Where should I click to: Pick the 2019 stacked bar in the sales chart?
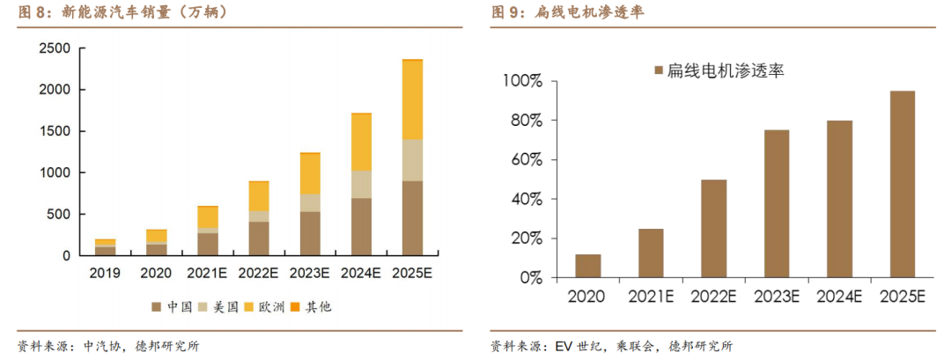point(105,247)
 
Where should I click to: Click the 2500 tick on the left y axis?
point(57,48)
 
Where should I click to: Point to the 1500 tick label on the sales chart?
point(57,131)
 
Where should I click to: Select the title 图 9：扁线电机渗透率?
point(572,11)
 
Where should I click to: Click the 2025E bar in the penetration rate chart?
point(903,184)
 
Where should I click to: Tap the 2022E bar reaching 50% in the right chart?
point(713,229)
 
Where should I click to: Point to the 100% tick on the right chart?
point(525,82)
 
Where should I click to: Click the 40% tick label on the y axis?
point(528,200)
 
